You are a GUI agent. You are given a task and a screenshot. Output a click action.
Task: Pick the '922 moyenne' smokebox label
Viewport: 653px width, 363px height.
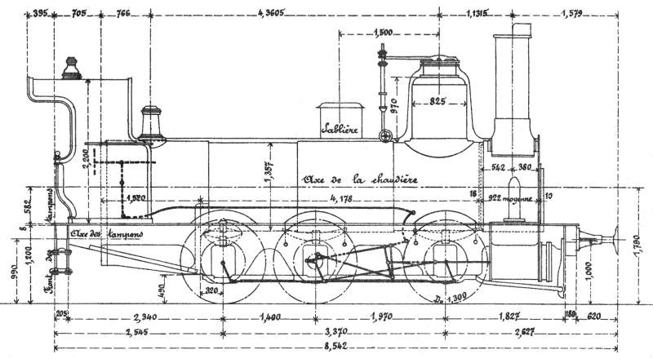click(x=512, y=197)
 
